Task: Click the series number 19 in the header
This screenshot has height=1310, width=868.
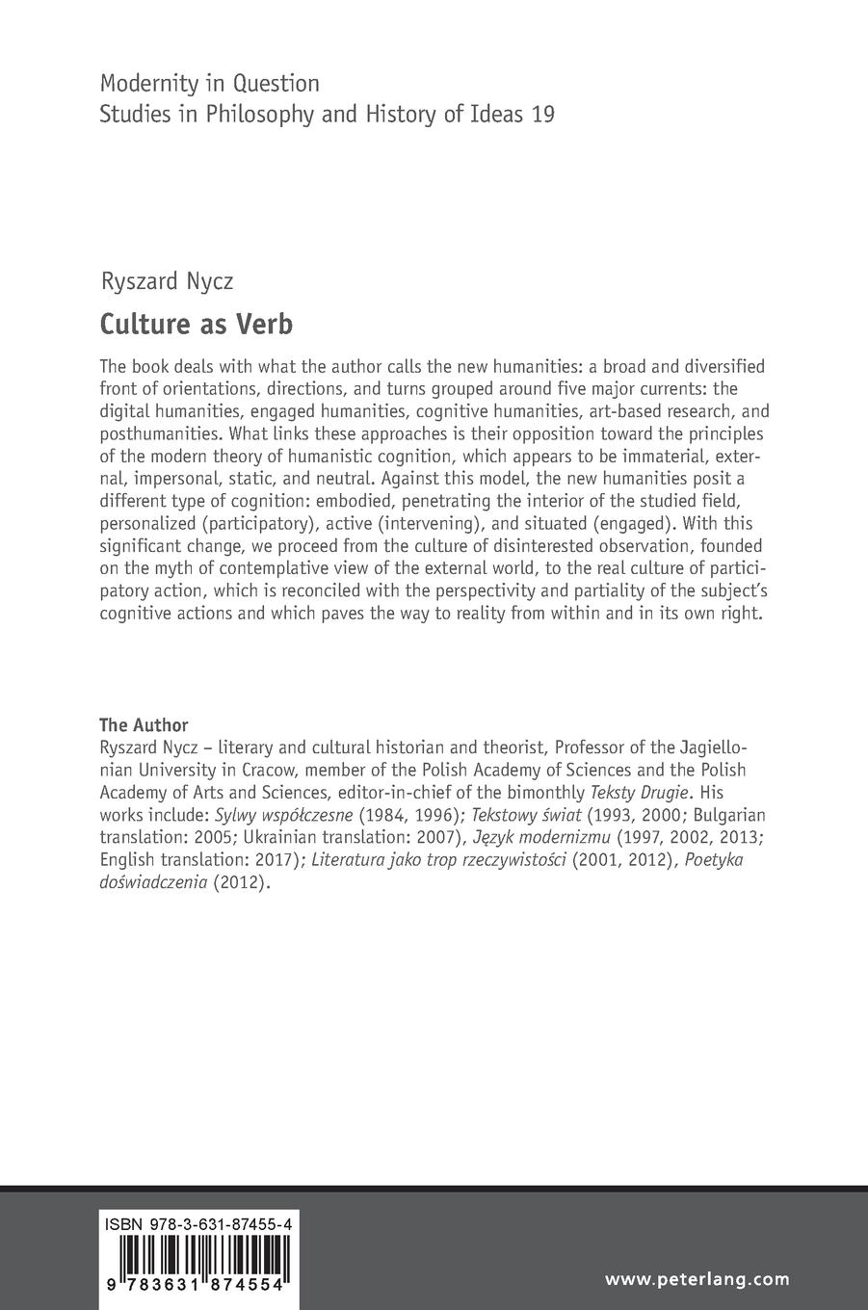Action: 542,114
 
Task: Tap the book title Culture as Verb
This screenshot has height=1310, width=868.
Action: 196,324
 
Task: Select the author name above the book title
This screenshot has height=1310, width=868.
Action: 167,281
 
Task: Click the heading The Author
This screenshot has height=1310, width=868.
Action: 144,725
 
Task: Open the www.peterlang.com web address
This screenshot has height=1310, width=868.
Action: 697,1279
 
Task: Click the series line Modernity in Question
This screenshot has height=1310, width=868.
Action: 209,84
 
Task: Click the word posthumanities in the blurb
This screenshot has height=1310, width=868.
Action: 158,433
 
